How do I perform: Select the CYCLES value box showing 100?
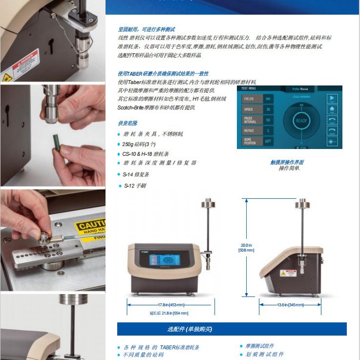coord(268,99)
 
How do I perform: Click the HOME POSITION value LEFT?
coord(268,141)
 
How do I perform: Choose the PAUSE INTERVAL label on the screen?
coord(249,120)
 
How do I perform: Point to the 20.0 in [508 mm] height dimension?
coord(246,248)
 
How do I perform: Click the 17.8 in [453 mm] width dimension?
coord(164,305)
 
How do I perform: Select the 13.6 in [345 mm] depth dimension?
coord(290,305)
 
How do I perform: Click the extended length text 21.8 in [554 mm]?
coord(169,313)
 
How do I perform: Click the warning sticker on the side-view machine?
coord(287,273)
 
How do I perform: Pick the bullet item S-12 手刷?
coord(134,186)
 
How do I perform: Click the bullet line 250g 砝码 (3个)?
coord(139,144)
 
